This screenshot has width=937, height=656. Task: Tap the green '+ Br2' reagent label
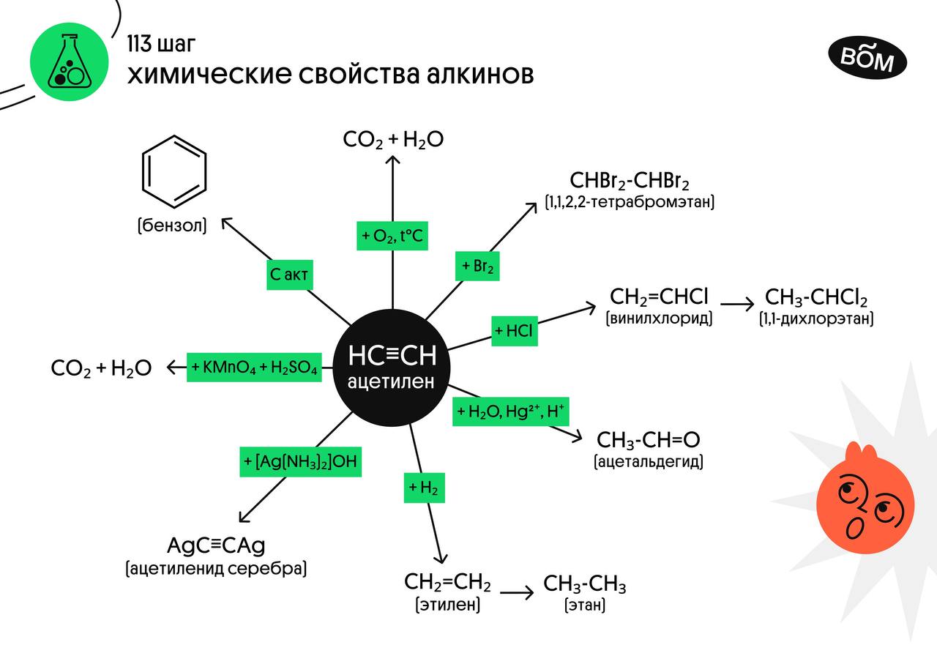click(479, 266)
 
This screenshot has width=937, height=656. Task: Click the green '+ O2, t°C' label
click(392, 236)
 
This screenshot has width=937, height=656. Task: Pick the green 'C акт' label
click(289, 275)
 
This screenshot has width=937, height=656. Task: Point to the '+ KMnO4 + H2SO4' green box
click(255, 368)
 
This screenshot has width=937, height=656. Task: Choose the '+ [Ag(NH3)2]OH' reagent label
click(300, 462)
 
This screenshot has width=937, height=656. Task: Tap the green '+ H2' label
click(424, 488)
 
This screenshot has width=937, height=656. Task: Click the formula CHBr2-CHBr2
click(630, 180)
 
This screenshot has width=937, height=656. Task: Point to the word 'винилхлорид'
click(659, 319)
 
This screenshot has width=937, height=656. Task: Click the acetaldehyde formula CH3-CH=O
click(649, 439)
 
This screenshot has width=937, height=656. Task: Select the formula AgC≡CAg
click(215, 545)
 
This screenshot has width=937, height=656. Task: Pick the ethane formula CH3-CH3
click(584, 584)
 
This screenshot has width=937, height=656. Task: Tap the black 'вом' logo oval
click(867, 59)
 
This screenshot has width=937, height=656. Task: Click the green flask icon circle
click(64, 64)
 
